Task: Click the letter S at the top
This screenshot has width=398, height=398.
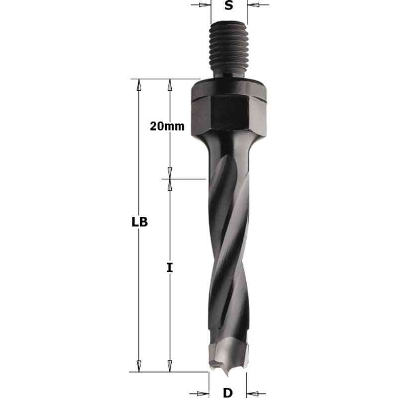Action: tap(228, 6)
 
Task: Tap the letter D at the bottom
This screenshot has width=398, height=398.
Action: tap(228, 393)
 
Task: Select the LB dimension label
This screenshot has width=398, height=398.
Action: tap(140, 222)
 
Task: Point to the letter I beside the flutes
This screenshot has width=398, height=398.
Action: tap(170, 268)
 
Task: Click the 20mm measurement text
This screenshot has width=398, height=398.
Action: tap(167, 126)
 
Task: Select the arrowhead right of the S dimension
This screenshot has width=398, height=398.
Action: tap(253, 5)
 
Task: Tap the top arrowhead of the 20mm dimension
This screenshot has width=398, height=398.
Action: tap(170, 85)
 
